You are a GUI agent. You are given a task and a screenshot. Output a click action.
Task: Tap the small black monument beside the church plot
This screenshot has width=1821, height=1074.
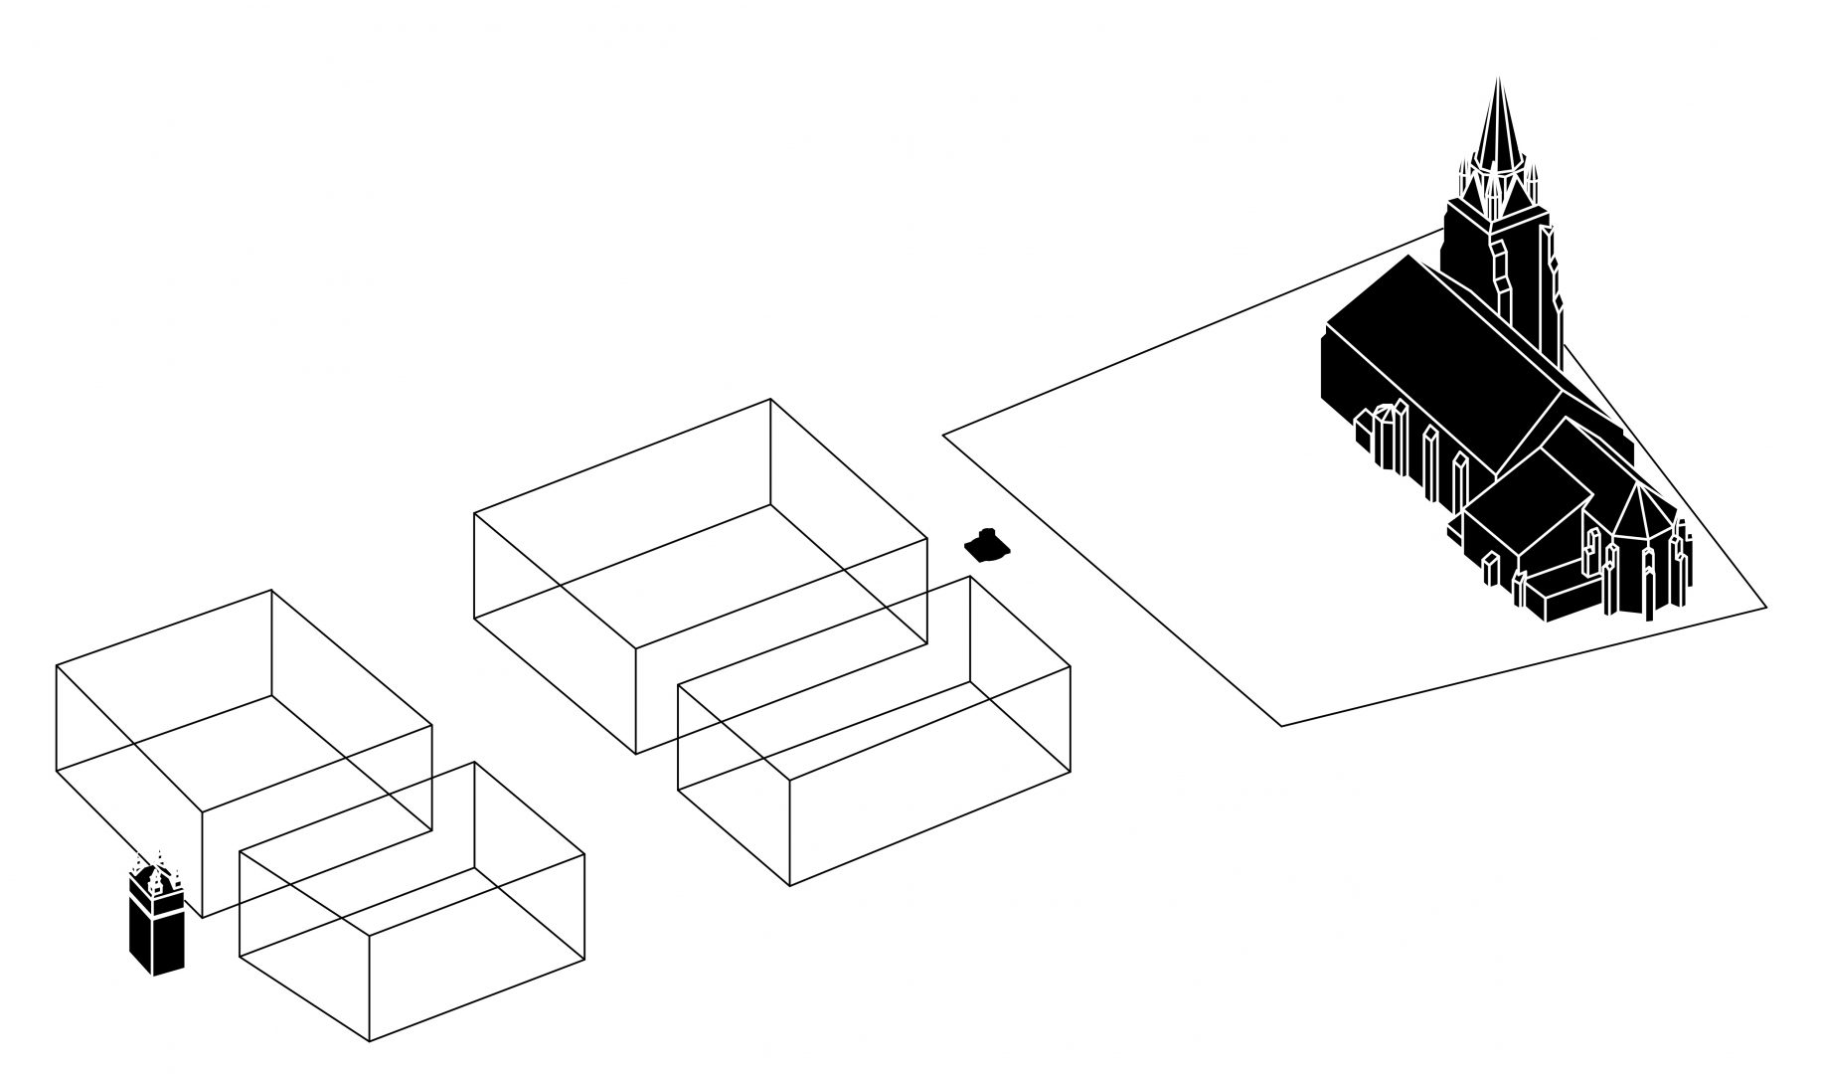pos(987,544)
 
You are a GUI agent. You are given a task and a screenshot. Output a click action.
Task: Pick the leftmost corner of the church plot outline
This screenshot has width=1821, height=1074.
pos(943,434)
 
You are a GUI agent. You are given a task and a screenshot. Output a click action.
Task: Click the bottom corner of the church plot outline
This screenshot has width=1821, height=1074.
pos(1280,726)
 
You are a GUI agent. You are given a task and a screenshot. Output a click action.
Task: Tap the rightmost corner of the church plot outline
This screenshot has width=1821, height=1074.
pos(1766,606)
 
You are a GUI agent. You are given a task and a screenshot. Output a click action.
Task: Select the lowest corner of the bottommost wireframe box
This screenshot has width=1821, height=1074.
pos(370,1041)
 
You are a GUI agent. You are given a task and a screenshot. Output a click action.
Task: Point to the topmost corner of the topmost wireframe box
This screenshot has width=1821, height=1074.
pos(770,400)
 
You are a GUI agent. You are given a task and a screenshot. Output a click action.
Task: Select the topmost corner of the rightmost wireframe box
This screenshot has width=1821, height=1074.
pos(970,577)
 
